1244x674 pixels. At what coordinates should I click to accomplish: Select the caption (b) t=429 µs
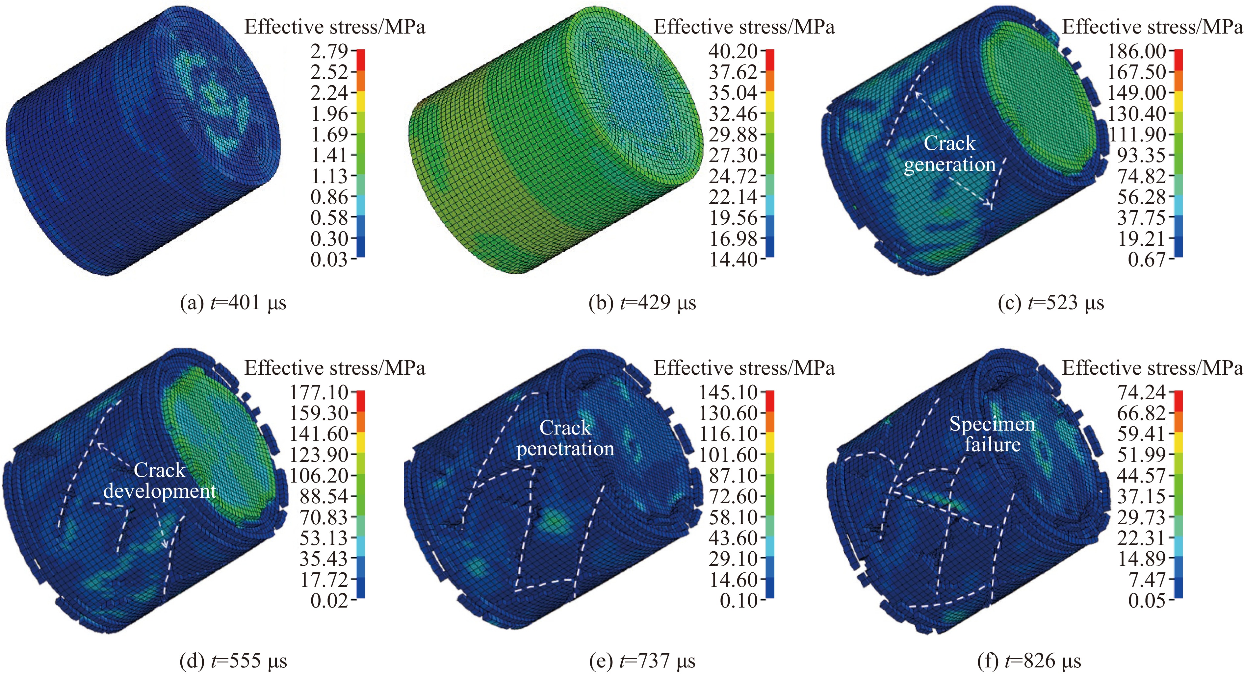pos(642,303)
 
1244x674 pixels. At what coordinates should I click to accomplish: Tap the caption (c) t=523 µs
pos(1051,303)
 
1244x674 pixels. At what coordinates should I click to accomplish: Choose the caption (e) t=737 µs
pos(642,661)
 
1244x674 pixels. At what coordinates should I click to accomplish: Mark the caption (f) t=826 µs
pos(1029,661)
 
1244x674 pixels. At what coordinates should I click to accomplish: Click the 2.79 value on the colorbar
pos(329,51)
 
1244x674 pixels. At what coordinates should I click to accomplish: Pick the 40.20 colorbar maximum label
pos(733,51)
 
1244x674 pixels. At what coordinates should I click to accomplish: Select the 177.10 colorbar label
pos(319,392)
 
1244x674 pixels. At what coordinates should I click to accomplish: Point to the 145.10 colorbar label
pos(728,392)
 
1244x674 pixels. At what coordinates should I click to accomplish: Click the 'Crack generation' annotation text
pos(949,154)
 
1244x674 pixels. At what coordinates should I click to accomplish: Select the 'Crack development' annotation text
pos(159,480)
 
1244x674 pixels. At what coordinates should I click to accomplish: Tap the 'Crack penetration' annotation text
pos(565,438)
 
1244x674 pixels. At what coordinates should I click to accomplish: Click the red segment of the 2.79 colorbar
pos(361,60)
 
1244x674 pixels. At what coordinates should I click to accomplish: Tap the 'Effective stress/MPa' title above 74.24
pos(1152,368)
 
